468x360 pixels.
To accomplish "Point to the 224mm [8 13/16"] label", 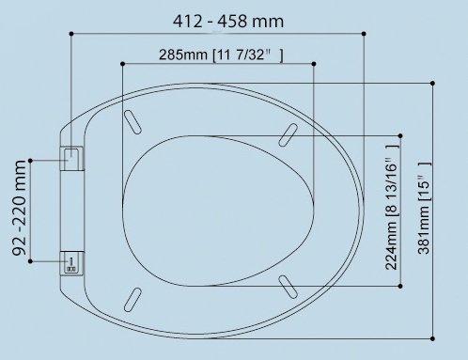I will pyautogui.click(x=393, y=206).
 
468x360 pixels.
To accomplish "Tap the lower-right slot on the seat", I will pyautogui.click(x=289, y=285).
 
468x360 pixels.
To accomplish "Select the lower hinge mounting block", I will pyautogui.click(x=71, y=262).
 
